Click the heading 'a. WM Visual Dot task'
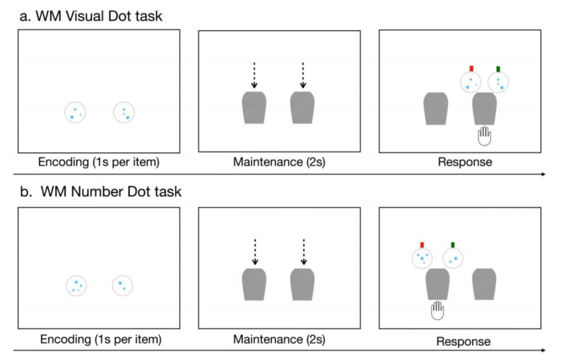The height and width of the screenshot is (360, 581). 91,15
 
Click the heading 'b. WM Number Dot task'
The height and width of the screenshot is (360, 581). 101,191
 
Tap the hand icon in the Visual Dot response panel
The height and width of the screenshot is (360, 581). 484,135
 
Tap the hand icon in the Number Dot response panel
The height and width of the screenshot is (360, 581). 438,310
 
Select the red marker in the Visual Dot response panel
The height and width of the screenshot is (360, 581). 471,69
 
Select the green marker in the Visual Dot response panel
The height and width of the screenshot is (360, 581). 498,69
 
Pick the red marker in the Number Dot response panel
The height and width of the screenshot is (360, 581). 422,245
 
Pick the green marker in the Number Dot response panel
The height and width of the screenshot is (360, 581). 453,245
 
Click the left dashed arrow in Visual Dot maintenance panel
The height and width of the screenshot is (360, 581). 254,75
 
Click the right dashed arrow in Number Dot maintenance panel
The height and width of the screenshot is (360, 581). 303,252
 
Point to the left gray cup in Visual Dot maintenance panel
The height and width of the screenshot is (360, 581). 254,108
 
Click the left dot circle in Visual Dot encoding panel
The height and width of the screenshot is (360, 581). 75,113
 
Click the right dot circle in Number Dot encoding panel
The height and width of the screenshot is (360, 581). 122,285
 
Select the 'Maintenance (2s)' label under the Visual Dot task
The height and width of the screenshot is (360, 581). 279,163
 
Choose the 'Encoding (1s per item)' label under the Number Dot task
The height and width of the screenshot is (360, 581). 100,340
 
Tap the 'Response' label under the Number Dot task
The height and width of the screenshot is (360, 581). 463,341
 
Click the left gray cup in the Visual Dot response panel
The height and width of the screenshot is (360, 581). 435,109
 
